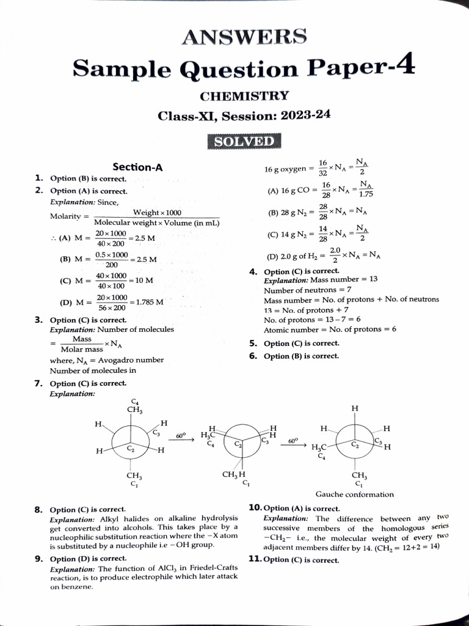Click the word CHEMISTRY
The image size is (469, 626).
click(x=244, y=96)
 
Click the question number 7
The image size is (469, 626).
click(x=38, y=383)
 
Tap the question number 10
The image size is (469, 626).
click(x=255, y=507)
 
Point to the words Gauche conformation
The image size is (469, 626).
click(x=354, y=494)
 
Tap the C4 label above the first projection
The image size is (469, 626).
click(x=134, y=400)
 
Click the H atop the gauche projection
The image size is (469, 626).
click(x=355, y=408)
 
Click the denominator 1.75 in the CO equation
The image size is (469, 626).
click(x=366, y=194)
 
